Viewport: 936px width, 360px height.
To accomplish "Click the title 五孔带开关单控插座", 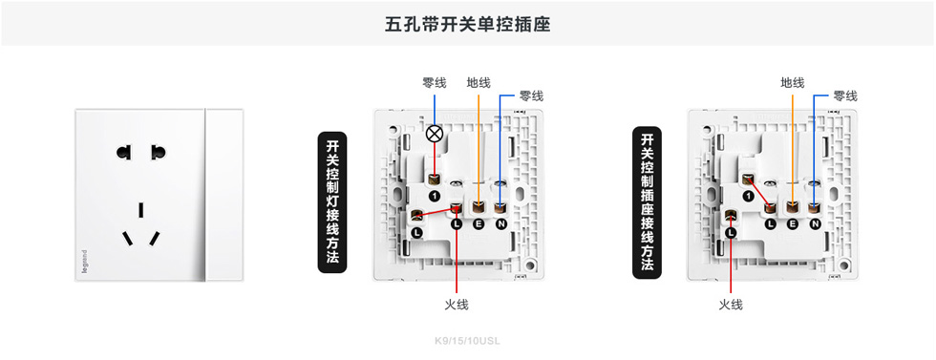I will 467,24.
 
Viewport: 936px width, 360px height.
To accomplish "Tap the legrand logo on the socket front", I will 84,263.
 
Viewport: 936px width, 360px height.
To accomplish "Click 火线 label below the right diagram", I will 731,305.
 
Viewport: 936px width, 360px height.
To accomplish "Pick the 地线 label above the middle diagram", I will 479,83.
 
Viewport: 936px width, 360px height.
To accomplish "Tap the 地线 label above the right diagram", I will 792,83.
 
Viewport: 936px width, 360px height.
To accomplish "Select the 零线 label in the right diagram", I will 844,96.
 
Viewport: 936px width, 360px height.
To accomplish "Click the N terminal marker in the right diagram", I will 815,223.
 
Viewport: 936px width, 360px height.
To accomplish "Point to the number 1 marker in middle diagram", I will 434,196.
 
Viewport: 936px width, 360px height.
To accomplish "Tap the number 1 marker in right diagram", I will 748,196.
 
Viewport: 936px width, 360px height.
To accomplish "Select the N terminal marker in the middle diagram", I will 500,223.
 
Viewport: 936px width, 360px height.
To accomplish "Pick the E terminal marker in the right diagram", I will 793,223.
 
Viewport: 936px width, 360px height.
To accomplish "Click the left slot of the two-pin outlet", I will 122,153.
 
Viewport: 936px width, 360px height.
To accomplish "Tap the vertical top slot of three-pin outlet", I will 140,209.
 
